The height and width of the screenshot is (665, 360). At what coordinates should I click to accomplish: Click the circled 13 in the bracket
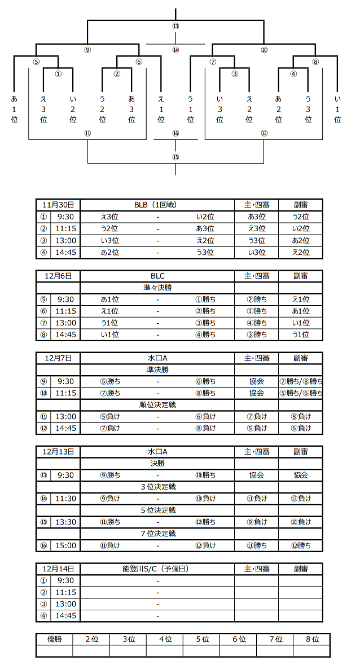[x=175, y=27]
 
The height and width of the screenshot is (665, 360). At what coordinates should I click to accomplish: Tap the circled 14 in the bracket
[x=175, y=50]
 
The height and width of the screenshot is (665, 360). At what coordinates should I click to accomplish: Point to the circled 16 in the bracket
[x=175, y=133]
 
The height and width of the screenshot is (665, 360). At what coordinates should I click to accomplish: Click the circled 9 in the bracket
[x=87, y=50]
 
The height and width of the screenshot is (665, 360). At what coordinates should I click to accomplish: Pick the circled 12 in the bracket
[x=264, y=133]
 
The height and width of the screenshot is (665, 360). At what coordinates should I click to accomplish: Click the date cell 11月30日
[x=58, y=204]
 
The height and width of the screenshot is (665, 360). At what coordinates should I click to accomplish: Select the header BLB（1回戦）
[x=157, y=204]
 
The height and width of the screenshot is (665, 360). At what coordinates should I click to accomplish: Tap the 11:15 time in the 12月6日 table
[x=65, y=311]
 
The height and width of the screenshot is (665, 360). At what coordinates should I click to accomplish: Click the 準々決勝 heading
[x=157, y=287]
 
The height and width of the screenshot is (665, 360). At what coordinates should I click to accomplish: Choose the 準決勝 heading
[x=157, y=369]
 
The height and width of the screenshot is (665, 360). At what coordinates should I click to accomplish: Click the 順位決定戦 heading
[x=157, y=405]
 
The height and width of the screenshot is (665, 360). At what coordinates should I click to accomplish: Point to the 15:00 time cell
[x=65, y=545]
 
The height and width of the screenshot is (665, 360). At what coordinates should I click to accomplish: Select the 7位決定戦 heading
[x=158, y=534]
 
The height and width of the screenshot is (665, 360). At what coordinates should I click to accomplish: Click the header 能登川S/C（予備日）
[x=158, y=569]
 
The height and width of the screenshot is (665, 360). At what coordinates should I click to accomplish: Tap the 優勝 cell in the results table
[x=54, y=639]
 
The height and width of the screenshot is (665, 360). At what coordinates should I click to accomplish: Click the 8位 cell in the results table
[x=311, y=639]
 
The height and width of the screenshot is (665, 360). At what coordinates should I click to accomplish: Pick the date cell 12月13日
[x=58, y=451]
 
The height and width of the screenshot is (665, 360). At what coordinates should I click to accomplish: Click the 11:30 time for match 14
[x=65, y=498]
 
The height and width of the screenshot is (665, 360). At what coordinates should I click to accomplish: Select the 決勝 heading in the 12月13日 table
[x=158, y=463]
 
